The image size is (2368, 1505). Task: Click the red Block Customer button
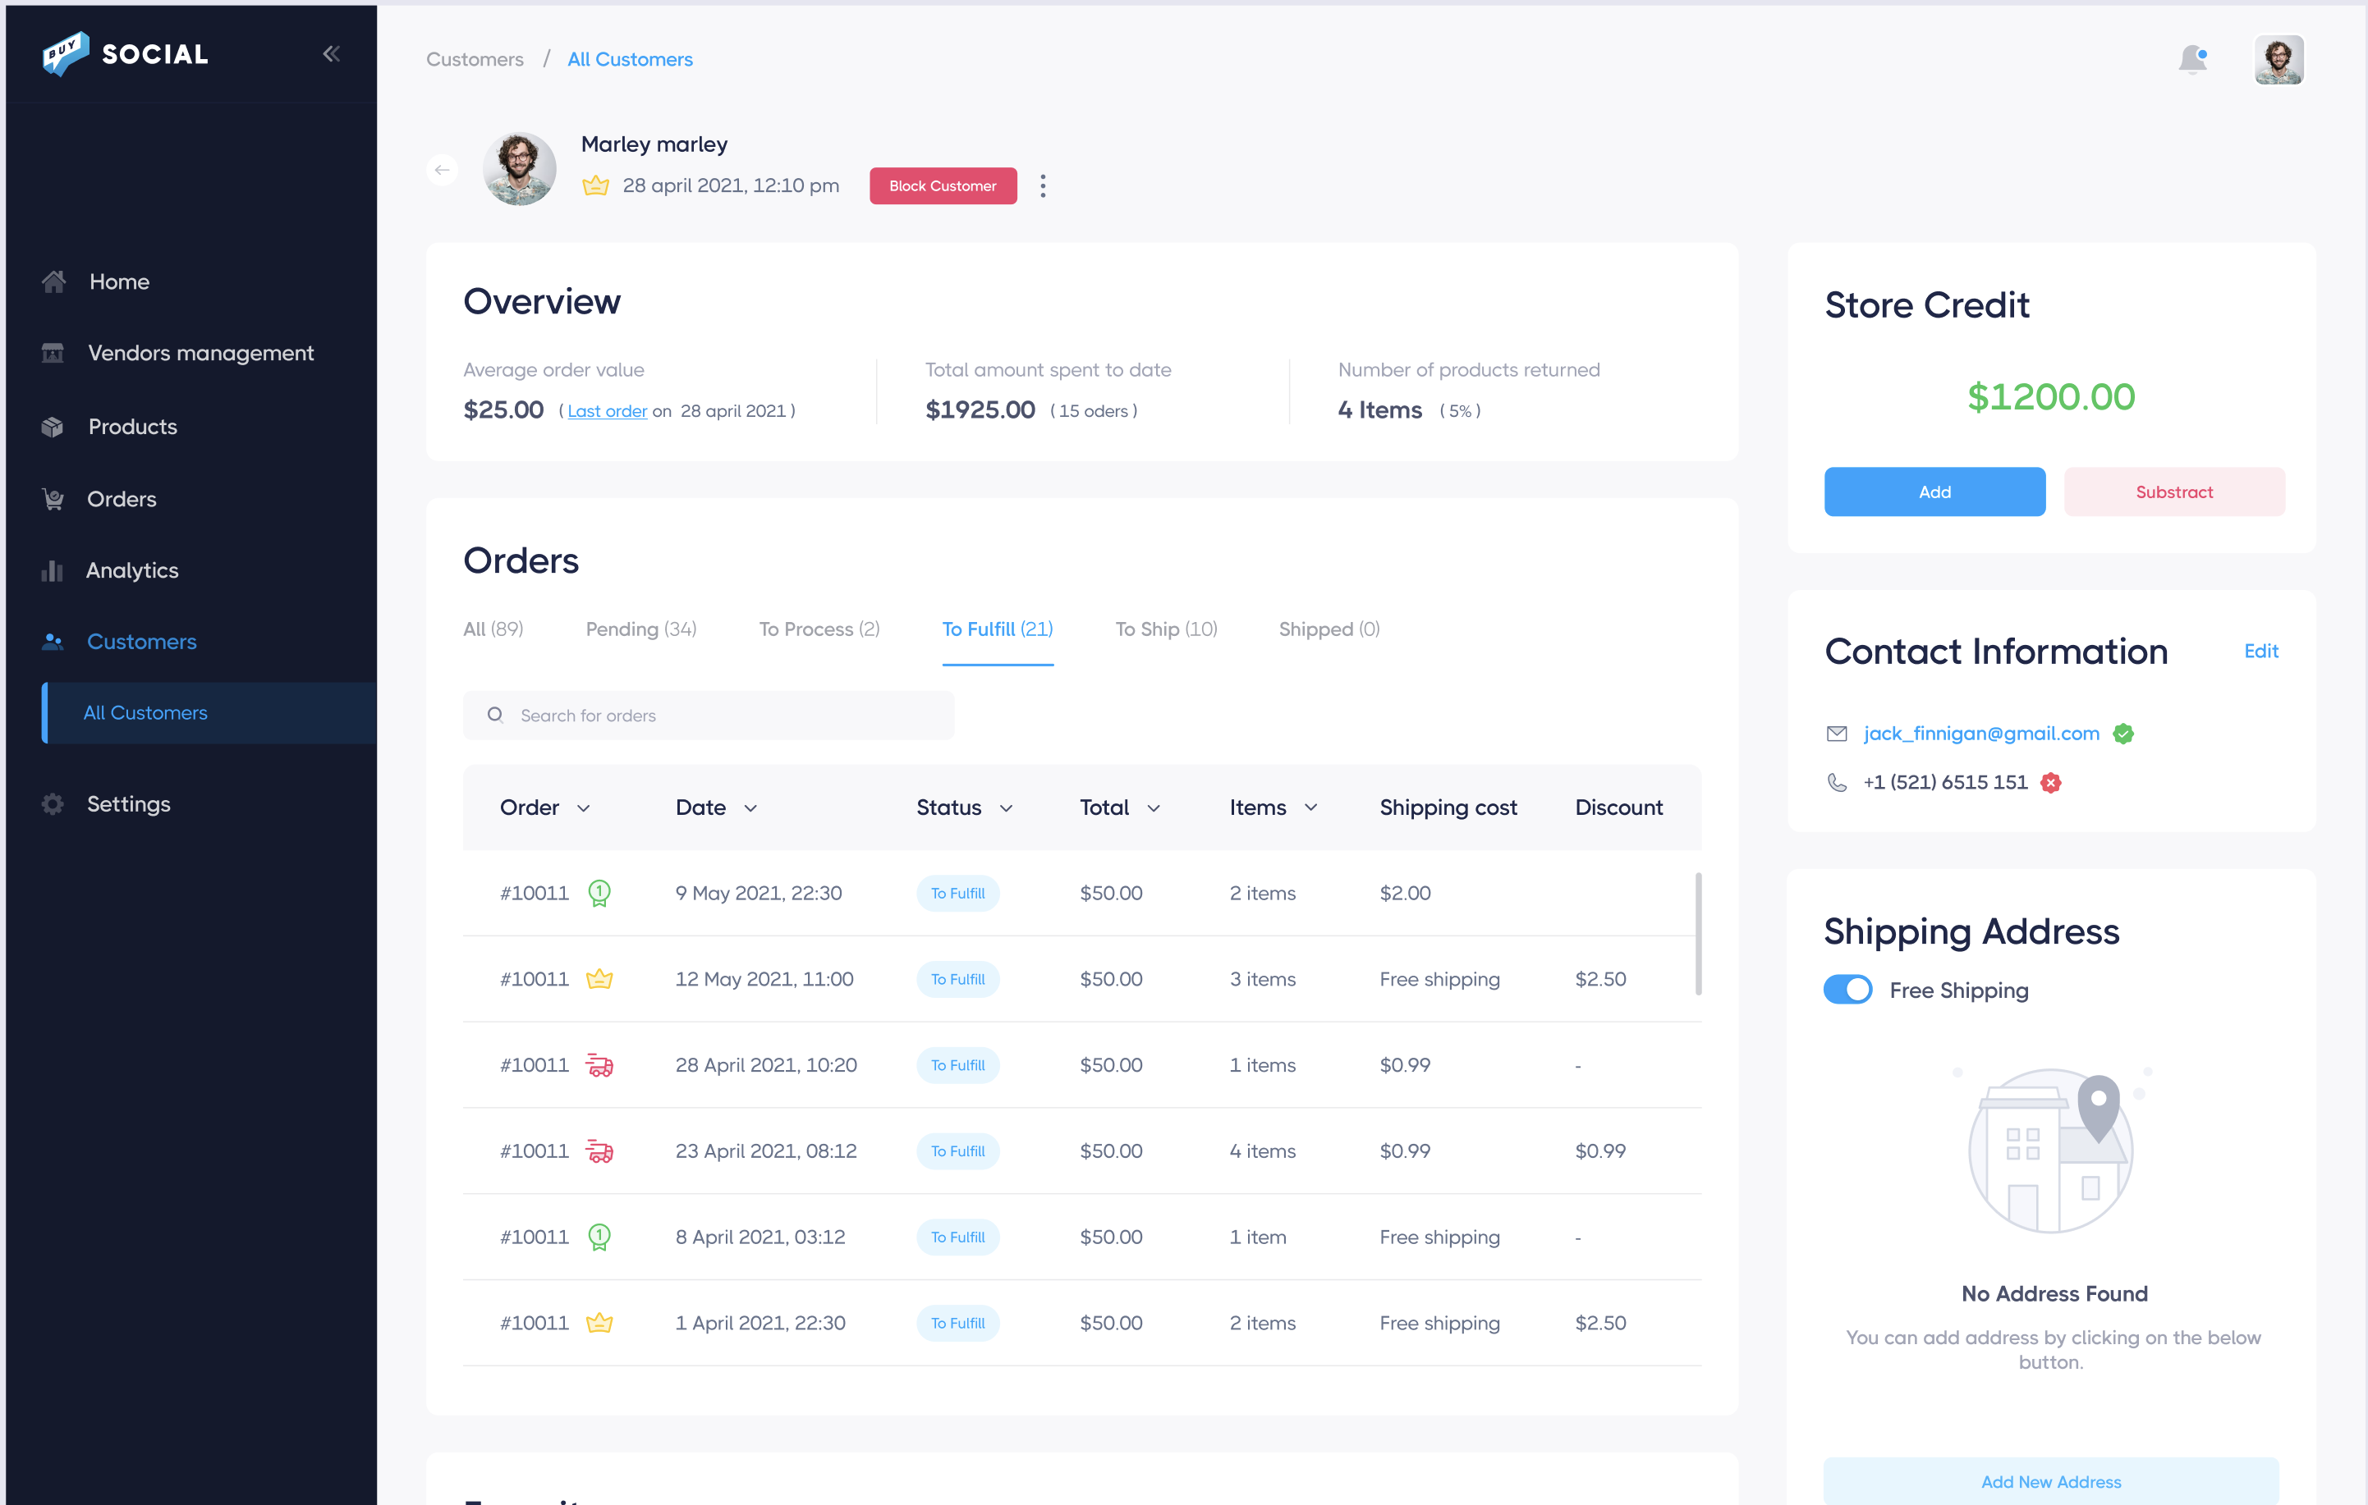pyautogui.click(x=942, y=185)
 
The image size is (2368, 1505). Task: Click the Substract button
pyautogui.click(x=2173, y=492)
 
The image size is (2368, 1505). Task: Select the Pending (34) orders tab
pyautogui.click(x=640, y=629)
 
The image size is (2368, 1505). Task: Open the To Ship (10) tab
pyautogui.click(x=1165, y=629)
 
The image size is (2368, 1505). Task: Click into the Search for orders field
pyautogui.click(x=708, y=716)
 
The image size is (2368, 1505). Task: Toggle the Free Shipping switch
pyautogui.click(x=1847, y=990)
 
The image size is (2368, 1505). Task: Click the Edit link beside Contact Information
pyautogui.click(x=2260, y=651)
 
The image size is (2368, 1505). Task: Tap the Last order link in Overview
pyautogui.click(x=607, y=411)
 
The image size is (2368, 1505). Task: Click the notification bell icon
pyautogui.click(x=2192, y=60)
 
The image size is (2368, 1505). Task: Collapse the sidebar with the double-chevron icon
pyautogui.click(x=332, y=54)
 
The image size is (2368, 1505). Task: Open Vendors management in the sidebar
pyautogui.click(x=200, y=353)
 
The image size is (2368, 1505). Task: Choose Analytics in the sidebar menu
pyautogui.click(x=131, y=570)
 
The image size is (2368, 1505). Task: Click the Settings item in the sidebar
pyautogui.click(x=128, y=804)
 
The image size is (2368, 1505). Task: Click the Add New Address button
pyautogui.click(x=2050, y=1481)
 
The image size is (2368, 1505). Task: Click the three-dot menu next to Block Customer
pyautogui.click(x=1043, y=185)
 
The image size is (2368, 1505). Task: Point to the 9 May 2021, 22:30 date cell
pyautogui.click(x=758, y=894)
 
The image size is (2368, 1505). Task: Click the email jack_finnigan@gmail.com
pyautogui.click(x=1980, y=734)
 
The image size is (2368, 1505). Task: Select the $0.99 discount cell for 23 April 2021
pyautogui.click(x=1600, y=1151)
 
